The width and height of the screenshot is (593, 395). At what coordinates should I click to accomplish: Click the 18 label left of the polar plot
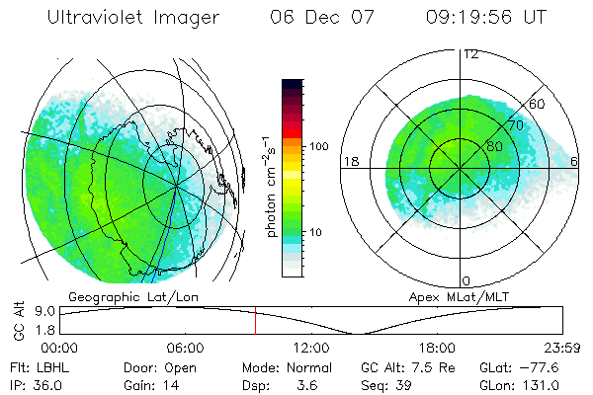pyautogui.click(x=349, y=161)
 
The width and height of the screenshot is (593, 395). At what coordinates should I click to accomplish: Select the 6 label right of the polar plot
pyautogui.click(x=575, y=161)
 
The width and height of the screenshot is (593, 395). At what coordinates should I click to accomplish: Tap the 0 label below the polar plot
pyautogui.click(x=466, y=280)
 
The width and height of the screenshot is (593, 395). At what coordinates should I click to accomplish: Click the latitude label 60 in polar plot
pyautogui.click(x=539, y=104)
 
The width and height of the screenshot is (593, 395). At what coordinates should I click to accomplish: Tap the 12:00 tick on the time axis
pyautogui.click(x=310, y=348)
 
